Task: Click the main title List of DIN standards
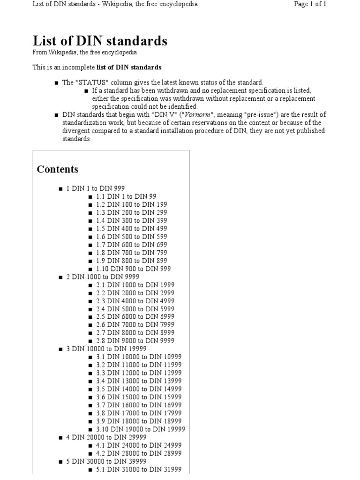click(99, 41)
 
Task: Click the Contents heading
click(58, 169)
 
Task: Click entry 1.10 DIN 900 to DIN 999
click(133, 269)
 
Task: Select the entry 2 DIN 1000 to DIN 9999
click(103, 277)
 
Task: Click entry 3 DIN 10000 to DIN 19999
click(106, 349)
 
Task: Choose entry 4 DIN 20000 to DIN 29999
click(106, 437)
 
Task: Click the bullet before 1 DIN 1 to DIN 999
click(61, 189)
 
